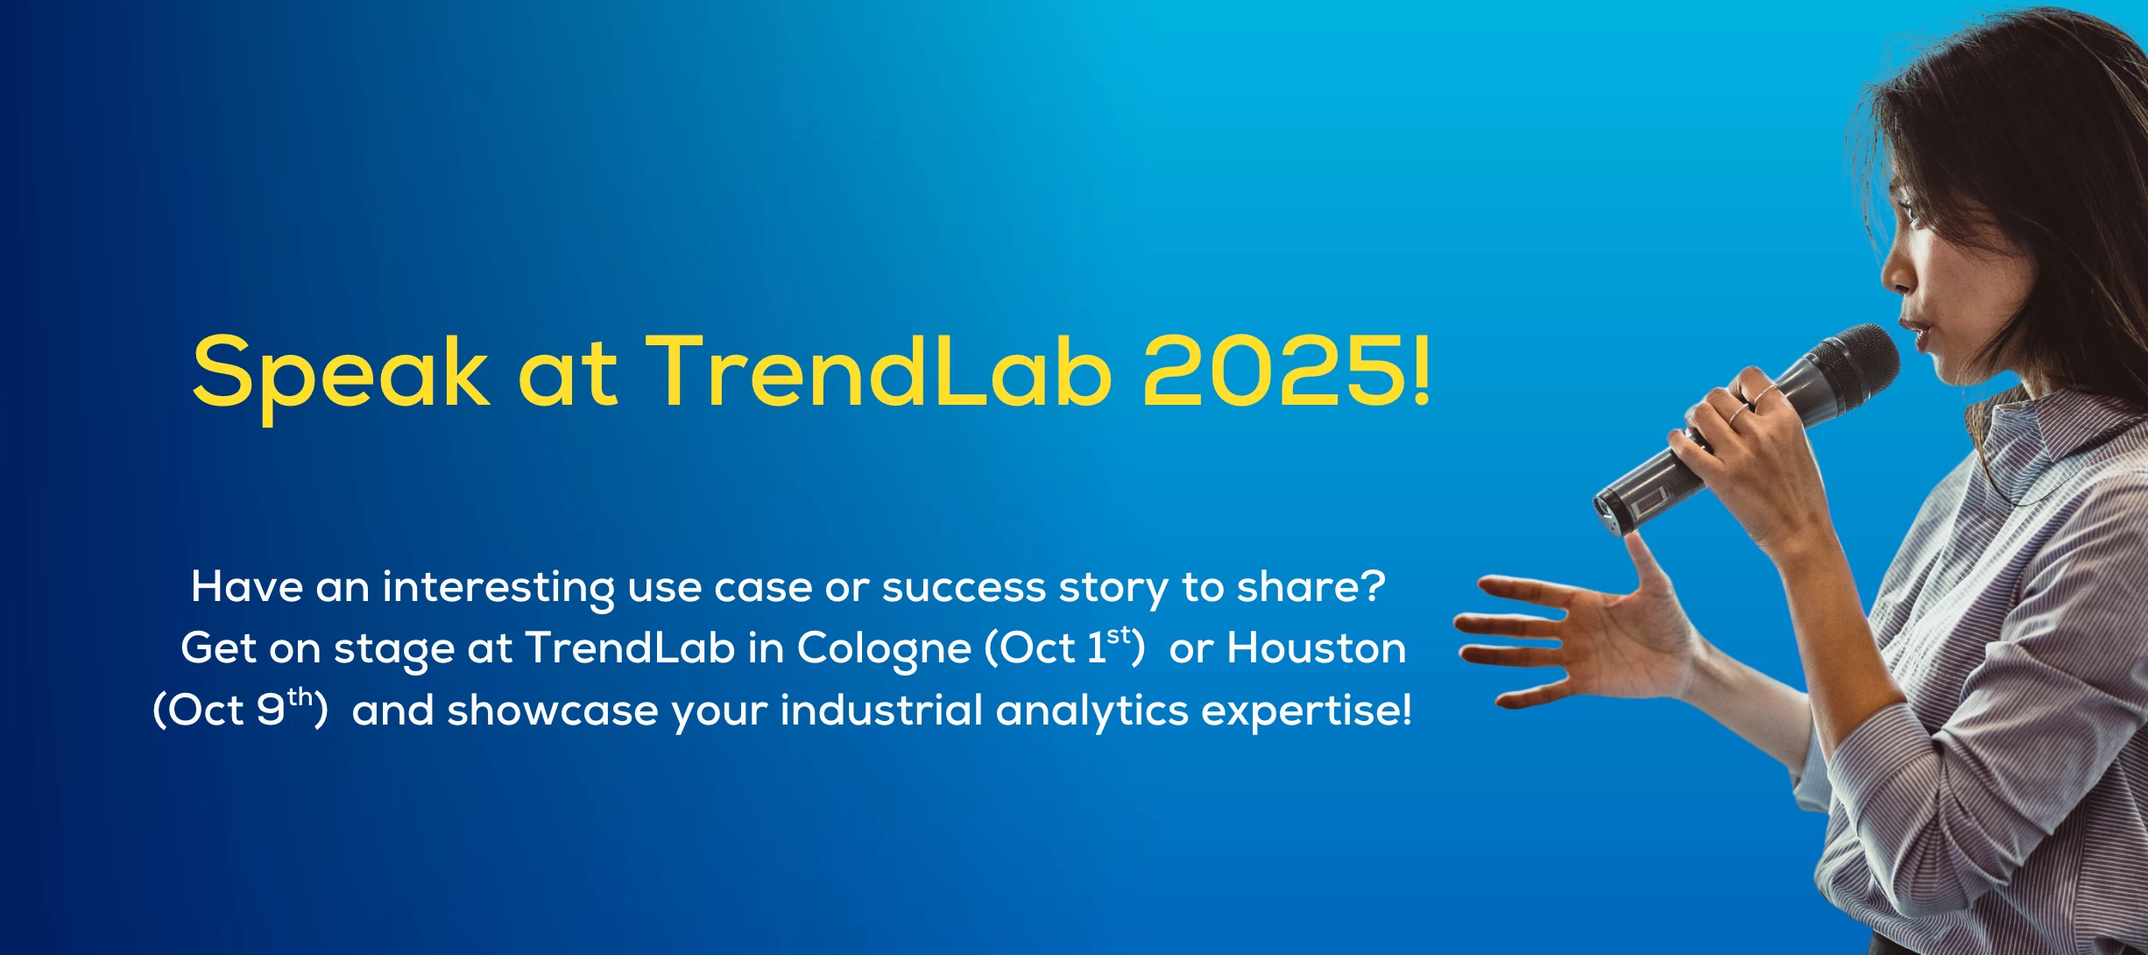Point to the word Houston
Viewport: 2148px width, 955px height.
coord(1316,649)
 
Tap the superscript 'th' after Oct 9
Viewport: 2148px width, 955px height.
coord(300,697)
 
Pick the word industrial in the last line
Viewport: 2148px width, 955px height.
coord(881,711)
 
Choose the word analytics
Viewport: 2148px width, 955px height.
coord(1092,711)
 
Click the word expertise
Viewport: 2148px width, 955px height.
coord(1300,711)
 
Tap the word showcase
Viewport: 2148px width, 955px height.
coord(552,711)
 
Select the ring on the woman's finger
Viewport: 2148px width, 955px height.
coord(1739,412)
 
